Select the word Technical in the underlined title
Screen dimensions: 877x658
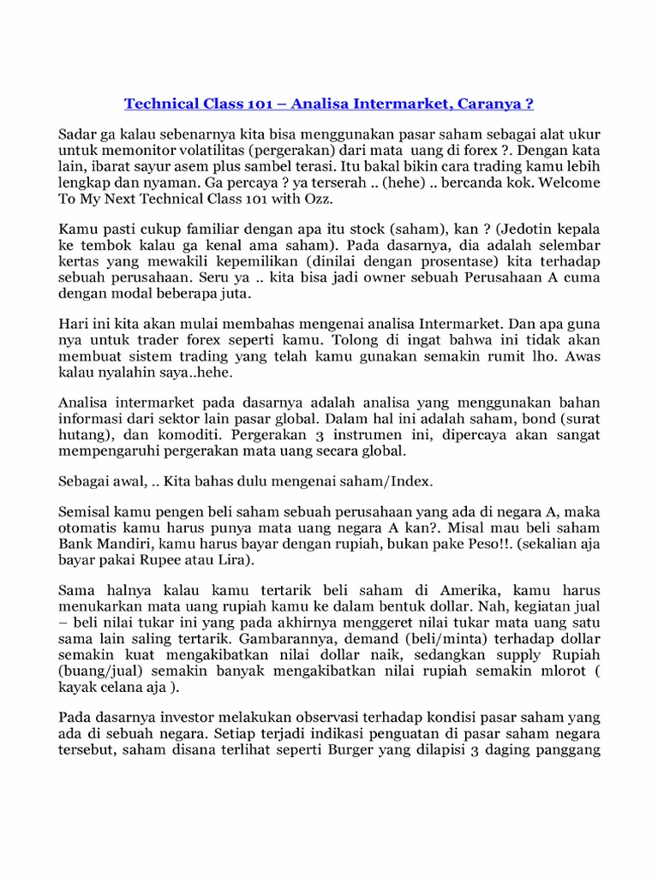(163, 104)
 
